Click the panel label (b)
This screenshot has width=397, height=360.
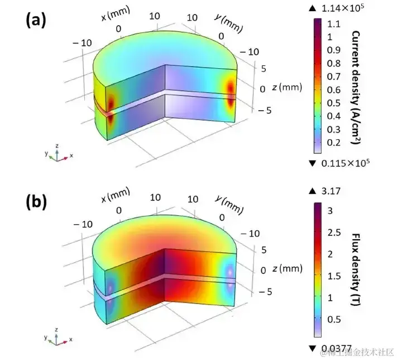[x=35, y=203]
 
